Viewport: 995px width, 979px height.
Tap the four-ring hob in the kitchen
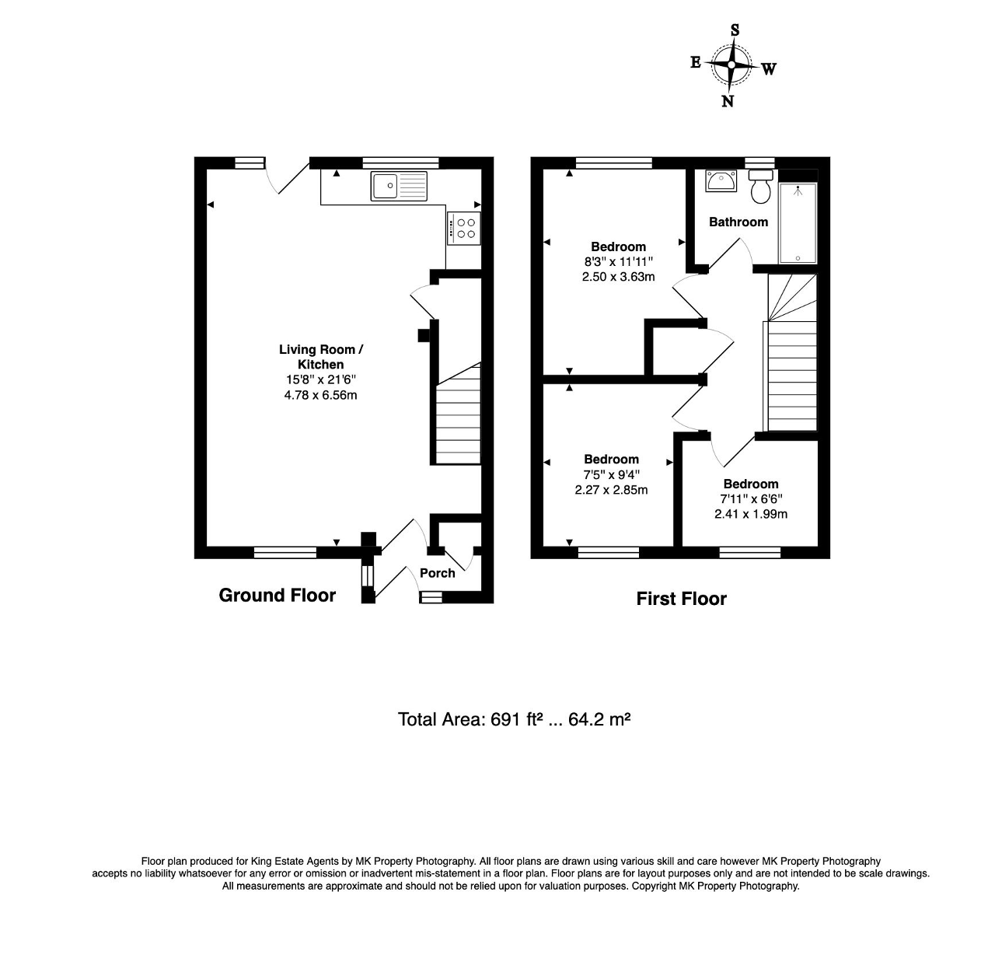click(x=465, y=228)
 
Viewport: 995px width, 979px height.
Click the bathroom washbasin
click(x=721, y=181)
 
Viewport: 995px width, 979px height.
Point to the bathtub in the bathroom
click(x=798, y=222)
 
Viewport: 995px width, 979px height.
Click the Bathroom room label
click(x=738, y=222)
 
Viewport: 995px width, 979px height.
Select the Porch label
click(x=437, y=573)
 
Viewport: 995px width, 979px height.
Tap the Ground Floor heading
click(x=277, y=596)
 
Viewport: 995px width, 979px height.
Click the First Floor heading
click(x=681, y=599)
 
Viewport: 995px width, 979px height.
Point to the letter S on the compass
click(x=735, y=30)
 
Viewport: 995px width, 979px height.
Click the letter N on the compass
click(x=728, y=101)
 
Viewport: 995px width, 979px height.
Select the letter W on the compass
click(x=768, y=69)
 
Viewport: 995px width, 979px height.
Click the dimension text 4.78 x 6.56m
click(x=320, y=395)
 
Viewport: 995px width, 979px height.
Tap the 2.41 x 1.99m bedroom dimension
click(x=750, y=513)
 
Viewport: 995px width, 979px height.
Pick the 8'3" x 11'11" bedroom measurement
click(x=618, y=262)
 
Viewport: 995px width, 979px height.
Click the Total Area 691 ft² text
click(x=513, y=719)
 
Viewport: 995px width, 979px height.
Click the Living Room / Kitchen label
click(x=320, y=357)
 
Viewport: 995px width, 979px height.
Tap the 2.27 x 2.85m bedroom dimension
click(x=611, y=490)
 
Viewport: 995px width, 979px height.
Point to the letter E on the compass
click(x=696, y=62)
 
